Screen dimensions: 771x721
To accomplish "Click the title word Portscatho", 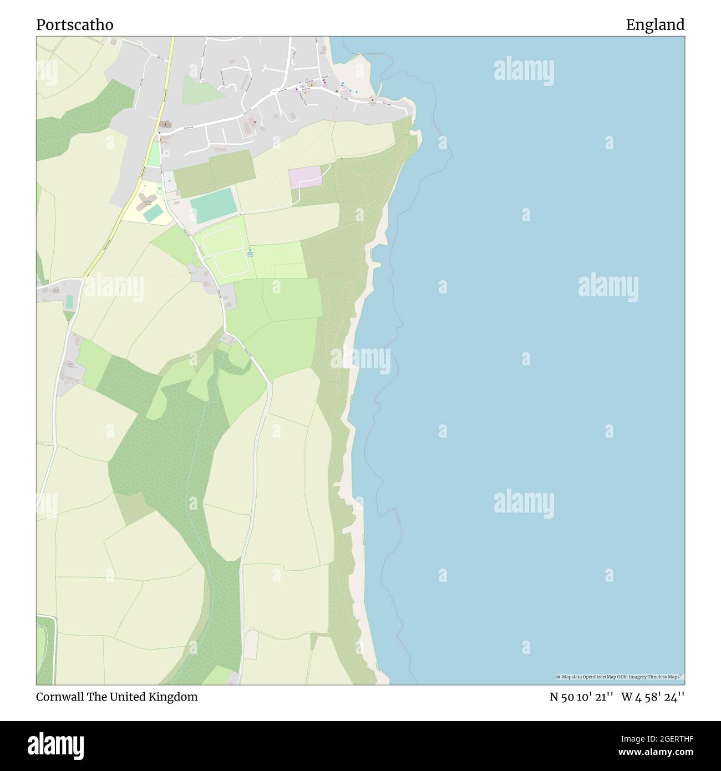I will (75, 25).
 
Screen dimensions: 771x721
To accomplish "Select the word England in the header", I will (655, 25).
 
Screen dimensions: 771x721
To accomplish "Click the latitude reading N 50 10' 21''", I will (581, 697).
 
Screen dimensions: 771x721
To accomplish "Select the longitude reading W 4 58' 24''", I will (653, 697).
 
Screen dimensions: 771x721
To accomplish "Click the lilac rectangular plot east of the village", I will (305, 177).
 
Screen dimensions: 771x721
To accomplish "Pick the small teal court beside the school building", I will (154, 213).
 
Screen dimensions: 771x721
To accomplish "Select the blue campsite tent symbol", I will (250, 252).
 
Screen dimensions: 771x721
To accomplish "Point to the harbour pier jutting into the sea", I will (380, 88).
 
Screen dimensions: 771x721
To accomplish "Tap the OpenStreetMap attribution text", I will (620, 677).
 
